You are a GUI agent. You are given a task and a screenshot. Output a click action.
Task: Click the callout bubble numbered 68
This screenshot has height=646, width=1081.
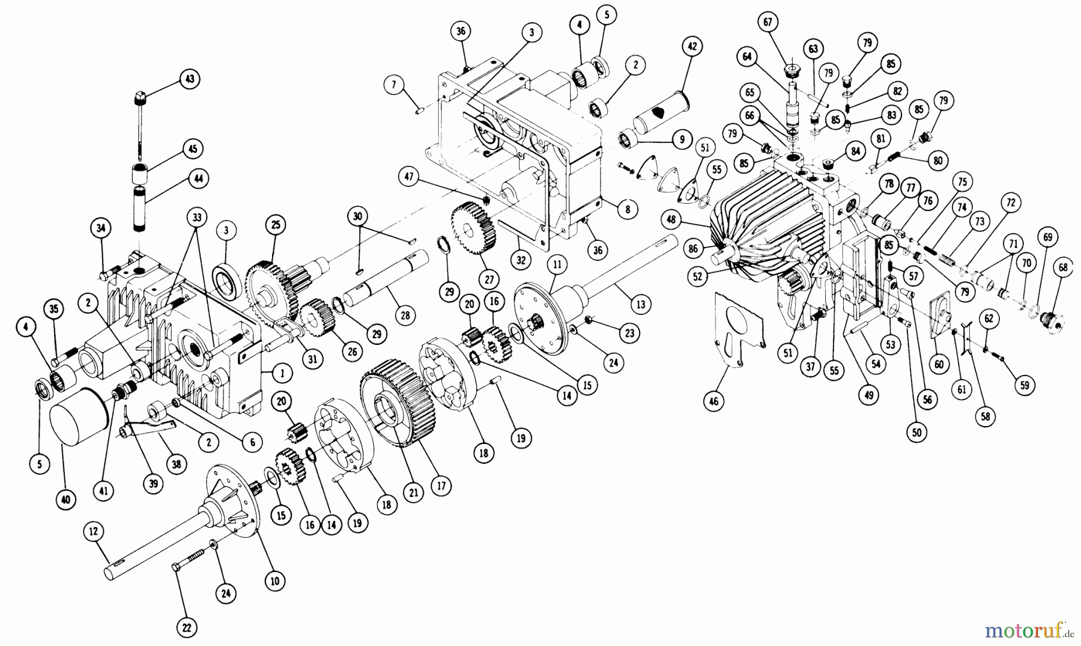pos(1063,268)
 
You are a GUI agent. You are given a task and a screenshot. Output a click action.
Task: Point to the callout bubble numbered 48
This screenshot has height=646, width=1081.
pos(671,220)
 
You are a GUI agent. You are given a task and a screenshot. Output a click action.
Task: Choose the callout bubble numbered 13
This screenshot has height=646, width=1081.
pos(640,305)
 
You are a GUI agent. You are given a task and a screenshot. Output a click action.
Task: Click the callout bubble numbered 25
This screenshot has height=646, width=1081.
pos(276,225)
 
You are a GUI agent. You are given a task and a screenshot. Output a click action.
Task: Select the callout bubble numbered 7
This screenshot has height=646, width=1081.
pos(394,85)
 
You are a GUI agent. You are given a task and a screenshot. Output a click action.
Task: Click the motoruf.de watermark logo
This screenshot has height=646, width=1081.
pos(1029,630)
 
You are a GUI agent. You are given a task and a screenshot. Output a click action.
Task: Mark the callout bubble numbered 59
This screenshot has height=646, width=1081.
pos(1024,385)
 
